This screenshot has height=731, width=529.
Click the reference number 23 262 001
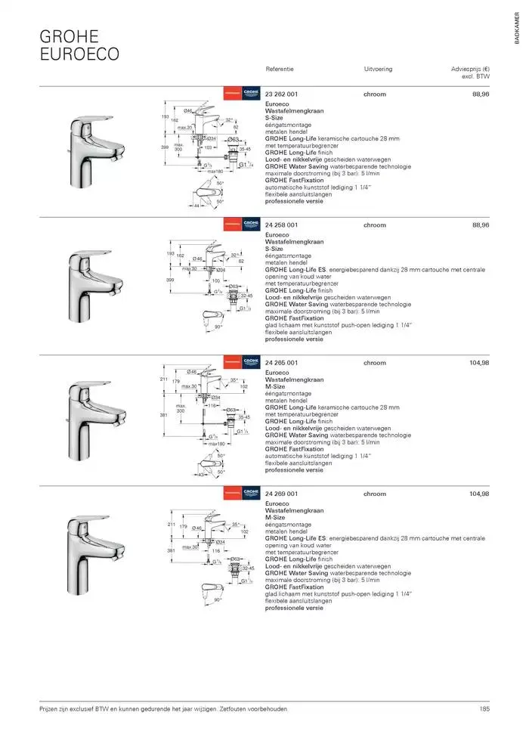(x=282, y=94)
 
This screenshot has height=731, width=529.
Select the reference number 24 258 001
(x=282, y=225)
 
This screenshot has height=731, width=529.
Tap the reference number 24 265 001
(x=282, y=363)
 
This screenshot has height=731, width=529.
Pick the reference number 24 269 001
(x=282, y=494)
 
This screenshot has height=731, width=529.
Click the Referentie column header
(x=280, y=69)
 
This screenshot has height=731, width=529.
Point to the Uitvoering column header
(x=378, y=69)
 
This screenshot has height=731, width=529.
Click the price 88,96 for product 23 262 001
(x=481, y=94)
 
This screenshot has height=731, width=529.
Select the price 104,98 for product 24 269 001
(x=479, y=494)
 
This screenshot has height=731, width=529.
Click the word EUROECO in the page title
(x=79, y=54)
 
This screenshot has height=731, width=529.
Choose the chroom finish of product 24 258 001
(x=374, y=225)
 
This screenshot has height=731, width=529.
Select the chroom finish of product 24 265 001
(x=374, y=363)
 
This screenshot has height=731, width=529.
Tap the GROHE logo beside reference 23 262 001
(x=251, y=94)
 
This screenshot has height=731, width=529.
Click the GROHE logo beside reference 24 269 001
(x=251, y=494)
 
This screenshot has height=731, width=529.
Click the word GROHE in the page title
(x=69, y=36)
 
